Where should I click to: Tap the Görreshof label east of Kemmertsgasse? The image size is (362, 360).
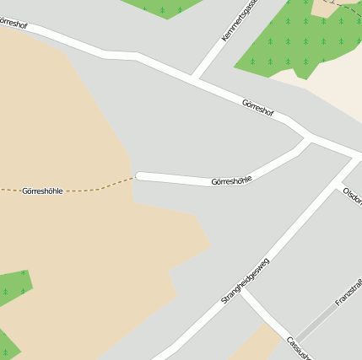pos(258,107)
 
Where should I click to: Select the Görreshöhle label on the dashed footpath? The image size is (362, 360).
pos(42,191)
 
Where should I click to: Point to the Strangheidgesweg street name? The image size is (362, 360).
pos(245,281)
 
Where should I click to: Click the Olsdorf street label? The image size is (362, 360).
pos(353,196)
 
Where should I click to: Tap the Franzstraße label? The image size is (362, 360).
pos(348,289)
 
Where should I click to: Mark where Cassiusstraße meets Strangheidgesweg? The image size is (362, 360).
pos(242,287)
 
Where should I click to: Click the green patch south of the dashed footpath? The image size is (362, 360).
pos(14,287)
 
